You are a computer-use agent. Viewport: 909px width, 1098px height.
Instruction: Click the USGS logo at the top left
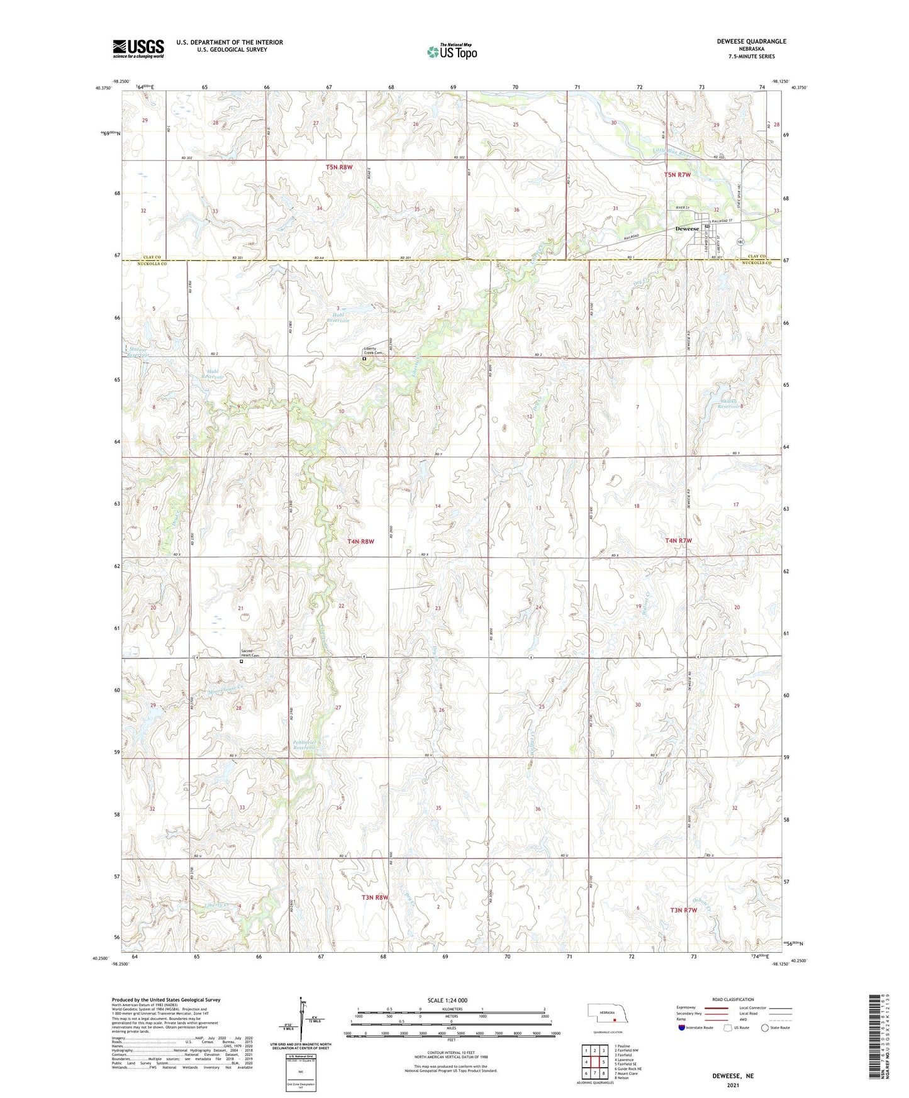point(138,48)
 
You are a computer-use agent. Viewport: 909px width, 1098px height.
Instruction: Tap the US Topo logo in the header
point(452,51)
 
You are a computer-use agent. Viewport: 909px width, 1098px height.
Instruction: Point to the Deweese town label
point(687,229)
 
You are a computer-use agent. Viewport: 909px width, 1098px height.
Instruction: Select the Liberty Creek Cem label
point(373,351)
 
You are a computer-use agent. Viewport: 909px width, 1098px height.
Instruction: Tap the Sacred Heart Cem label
point(250,653)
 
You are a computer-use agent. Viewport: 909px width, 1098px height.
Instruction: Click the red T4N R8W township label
point(360,541)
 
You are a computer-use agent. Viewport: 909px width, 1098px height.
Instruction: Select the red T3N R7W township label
point(683,910)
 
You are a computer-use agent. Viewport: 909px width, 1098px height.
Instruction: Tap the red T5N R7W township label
point(678,174)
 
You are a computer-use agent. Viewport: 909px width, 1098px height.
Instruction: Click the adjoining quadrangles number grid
point(594,1062)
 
